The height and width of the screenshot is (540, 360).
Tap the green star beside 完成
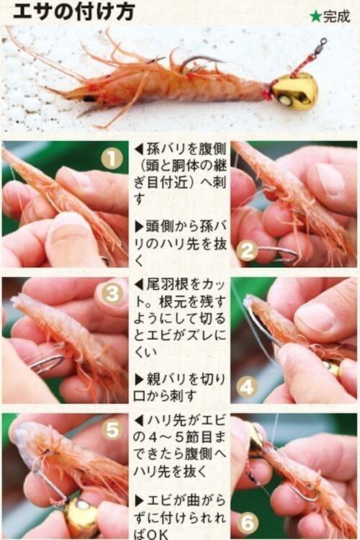(315, 15)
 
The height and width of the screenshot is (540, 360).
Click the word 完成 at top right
(338, 15)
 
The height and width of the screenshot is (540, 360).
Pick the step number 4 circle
(247, 387)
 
